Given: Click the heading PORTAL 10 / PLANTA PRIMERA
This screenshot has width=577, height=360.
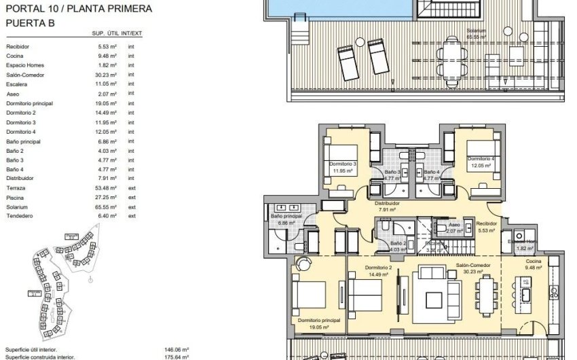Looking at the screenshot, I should tap(79, 9).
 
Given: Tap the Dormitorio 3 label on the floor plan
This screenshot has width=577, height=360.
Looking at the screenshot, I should tap(343, 164).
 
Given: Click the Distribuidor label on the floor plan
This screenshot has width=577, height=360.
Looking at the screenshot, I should tap(388, 203).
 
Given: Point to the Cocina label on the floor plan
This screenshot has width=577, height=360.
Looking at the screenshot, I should tap(534, 261).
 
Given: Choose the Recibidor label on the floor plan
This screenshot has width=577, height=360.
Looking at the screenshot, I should tap(487, 223).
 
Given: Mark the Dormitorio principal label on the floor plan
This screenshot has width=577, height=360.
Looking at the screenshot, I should tap(318, 320).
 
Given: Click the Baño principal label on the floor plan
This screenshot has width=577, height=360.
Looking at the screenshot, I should tap(285, 216).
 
